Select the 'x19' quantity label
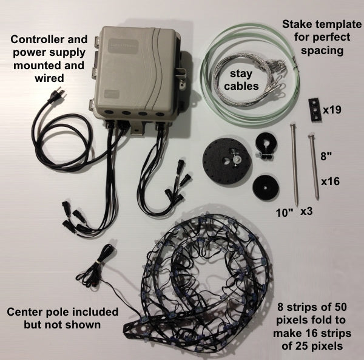tap(333, 110)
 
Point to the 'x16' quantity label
tap(329, 181)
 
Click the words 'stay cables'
tap(243, 80)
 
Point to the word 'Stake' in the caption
tap(296, 25)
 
